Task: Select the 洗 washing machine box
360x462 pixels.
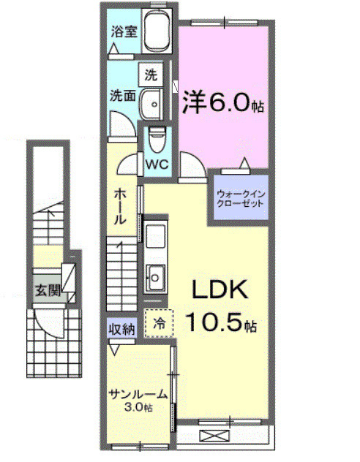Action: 151,75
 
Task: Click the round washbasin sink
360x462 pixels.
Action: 152,104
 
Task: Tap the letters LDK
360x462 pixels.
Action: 220,291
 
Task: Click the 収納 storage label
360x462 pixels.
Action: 121,329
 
